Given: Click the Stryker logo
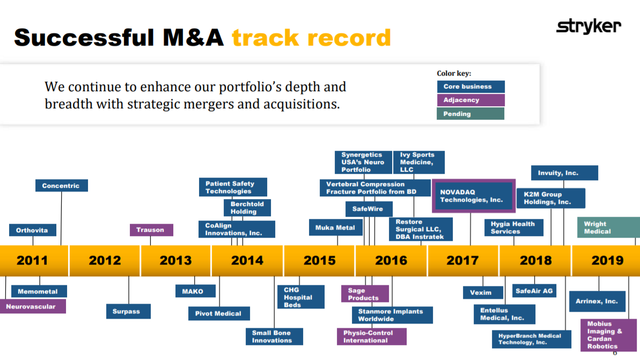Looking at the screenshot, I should (x=588, y=26).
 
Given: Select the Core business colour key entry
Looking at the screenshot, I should (x=470, y=86).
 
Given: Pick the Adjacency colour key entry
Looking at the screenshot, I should (x=470, y=100).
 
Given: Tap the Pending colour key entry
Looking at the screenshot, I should (x=470, y=114).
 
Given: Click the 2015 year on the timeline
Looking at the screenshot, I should (x=319, y=260).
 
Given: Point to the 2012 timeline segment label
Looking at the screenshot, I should (x=105, y=260).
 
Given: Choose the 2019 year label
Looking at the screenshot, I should (x=607, y=260).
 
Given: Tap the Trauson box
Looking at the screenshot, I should (x=151, y=230).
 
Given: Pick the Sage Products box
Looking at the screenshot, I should (x=364, y=294).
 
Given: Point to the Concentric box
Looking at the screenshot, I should (x=62, y=186).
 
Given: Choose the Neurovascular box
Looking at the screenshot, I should (x=33, y=306).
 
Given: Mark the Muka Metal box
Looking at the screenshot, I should (x=335, y=227).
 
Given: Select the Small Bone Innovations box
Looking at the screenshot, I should (x=275, y=336).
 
